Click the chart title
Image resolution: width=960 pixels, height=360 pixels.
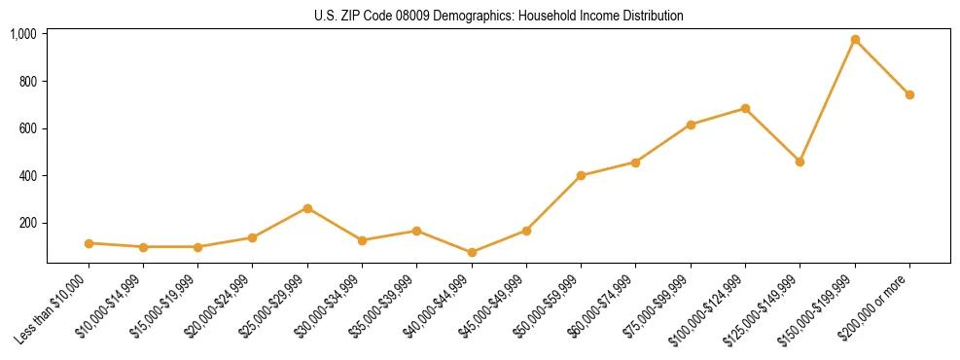[x=498, y=16]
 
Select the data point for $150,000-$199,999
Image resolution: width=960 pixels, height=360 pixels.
[x=855, y=40]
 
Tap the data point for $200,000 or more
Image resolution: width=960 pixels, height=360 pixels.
[x=909, y=94]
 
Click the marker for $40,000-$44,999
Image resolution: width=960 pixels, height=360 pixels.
[x=472, y=252]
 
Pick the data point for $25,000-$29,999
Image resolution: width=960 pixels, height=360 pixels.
[x=307, y=208]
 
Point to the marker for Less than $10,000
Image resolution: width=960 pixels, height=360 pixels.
[x=89, y=243]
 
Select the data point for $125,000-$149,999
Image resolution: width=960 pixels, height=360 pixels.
[x=800, y=162]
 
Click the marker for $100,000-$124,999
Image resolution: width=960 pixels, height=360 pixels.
[x=745, y=108]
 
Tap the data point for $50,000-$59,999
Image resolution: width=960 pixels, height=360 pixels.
[x=581, y=176]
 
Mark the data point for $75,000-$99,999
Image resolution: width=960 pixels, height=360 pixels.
[x=691, y=125]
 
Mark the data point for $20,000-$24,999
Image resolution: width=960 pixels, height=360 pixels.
[x=253, y=237]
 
